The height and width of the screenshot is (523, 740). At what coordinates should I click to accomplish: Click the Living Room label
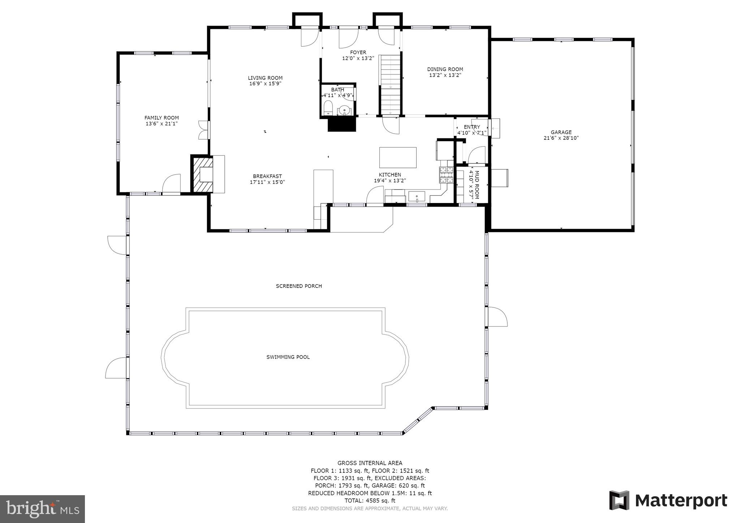click(x=265, y=78)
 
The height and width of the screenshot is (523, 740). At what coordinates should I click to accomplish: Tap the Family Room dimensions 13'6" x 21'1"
click(x=162, y=124)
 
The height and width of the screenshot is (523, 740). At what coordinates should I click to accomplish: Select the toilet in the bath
click(x=328, y=108)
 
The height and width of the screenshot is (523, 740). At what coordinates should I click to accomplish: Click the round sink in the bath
click(x=345, y=110)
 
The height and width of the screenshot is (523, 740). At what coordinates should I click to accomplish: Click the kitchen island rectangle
click(x=397, y=157)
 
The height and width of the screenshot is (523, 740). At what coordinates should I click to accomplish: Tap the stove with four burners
click(x=446, y=175)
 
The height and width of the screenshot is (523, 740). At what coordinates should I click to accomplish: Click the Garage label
click(x=561, y=132)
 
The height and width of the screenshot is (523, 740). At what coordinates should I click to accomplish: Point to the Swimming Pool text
click(x=288, y=357)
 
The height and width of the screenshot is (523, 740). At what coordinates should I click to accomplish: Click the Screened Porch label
click(x=299, y=286)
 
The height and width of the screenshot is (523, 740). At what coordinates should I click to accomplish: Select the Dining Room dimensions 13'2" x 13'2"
click(x=445, y=75)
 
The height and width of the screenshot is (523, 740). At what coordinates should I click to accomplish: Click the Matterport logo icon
click(x=619, y=500)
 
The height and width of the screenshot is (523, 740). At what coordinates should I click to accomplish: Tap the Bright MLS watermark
click(x=42, y=509)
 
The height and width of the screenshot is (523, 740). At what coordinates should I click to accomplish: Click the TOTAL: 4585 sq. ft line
click(x=370, y=501)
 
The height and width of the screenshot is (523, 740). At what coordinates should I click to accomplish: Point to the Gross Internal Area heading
click(x=370, y=463)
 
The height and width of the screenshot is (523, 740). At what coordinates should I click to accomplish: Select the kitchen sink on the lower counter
click(x=417, y=197)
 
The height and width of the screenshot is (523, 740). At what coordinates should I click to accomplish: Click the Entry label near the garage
click(x=472, y=127)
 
